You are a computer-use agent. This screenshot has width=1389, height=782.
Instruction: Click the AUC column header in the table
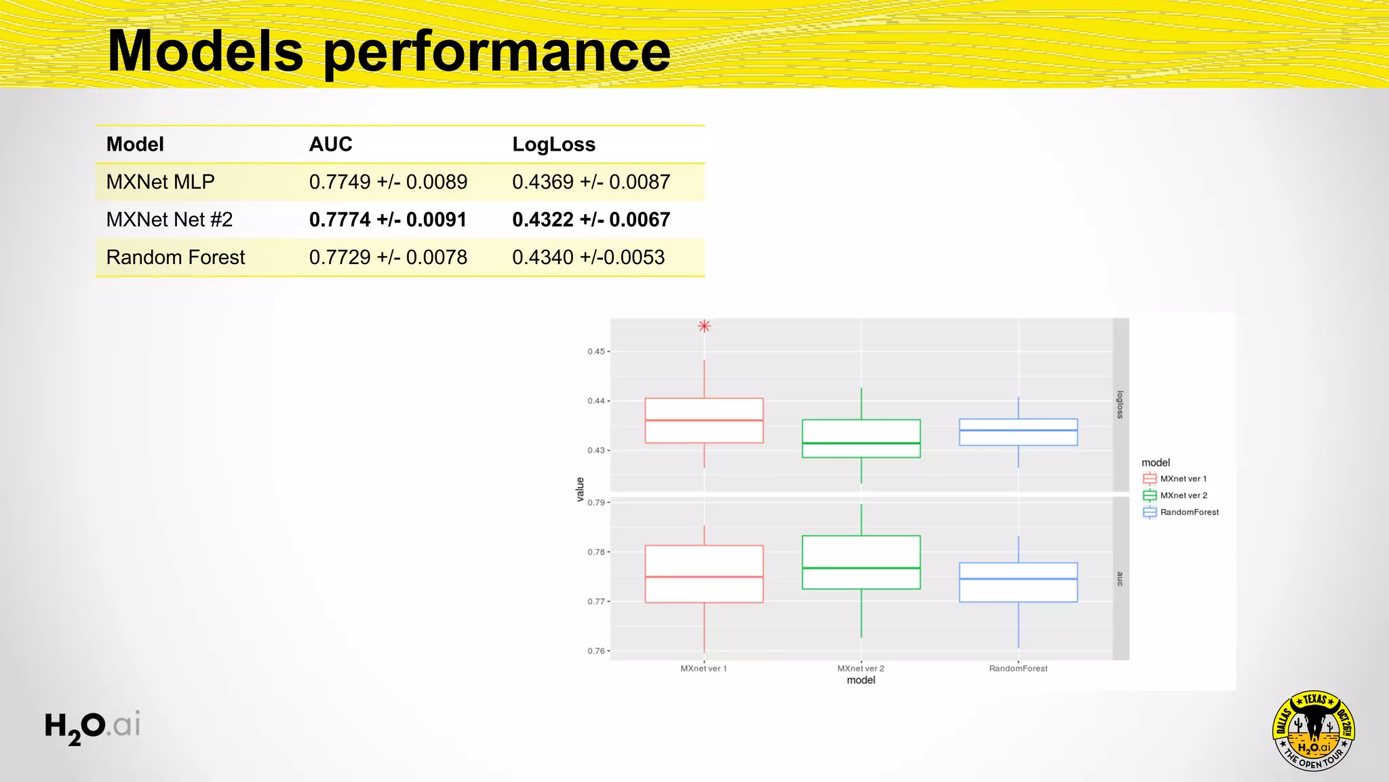[x=331, y=145]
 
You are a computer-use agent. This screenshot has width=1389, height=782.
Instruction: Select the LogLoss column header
[x=553, y=145]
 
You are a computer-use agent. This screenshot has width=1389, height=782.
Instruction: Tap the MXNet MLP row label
[x=161, y=182]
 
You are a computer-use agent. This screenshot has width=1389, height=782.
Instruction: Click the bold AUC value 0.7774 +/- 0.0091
[x=388, y=220]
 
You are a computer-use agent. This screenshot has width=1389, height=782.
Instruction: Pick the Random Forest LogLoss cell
[x=588, y=257]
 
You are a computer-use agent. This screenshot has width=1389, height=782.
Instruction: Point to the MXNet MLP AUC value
[x=388, y=182]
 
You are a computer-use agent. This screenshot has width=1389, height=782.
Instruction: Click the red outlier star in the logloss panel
[x=704, y=327]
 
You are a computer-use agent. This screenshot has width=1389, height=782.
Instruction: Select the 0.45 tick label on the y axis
[x=595, y=352]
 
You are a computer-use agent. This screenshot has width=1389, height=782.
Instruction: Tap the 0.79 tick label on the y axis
[x=595, y=503]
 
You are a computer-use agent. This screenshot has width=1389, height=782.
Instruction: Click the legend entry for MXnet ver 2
[x=1183, y=496]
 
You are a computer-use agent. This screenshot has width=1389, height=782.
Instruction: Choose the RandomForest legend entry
[x=1189, y=513]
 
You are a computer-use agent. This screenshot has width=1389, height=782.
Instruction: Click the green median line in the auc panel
[x=861, y=568]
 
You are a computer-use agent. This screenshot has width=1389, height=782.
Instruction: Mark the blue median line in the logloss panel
[x=1018, y=430]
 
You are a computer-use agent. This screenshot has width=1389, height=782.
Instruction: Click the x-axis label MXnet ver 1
[x=703, y=669]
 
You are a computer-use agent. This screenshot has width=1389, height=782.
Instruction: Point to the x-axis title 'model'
[x=861, y=680]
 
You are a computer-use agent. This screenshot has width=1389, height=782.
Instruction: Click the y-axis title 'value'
[x=580, y=489]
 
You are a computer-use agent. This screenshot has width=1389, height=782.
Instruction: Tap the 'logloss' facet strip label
[x=1120, y=405]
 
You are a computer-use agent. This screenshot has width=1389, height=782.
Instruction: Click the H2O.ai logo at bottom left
[x=92, y=726]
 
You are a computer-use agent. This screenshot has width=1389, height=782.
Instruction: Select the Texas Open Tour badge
[x=1314, y=731]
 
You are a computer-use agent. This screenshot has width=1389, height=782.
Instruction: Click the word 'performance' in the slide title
[x=497, y=53]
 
